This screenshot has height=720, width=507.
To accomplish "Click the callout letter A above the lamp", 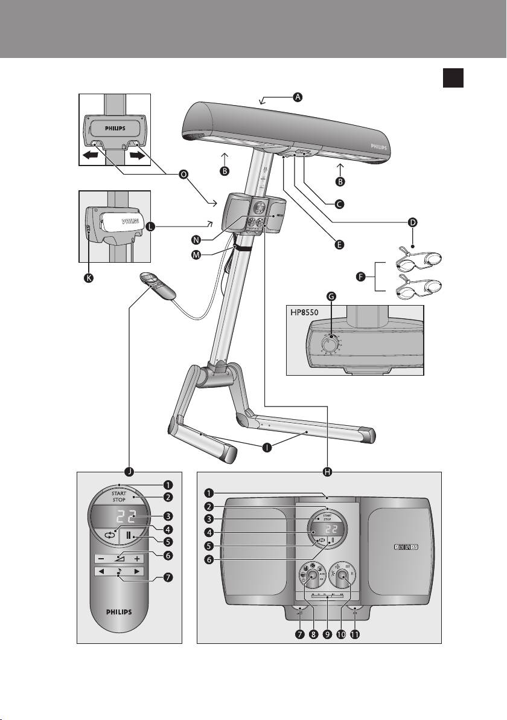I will [x=297, y=97].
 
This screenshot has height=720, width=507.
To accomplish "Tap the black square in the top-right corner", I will [x=453, y=79].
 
